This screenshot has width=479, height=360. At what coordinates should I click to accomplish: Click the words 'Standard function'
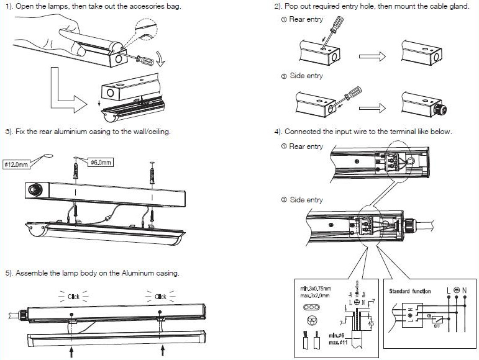(x=409, y=290)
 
